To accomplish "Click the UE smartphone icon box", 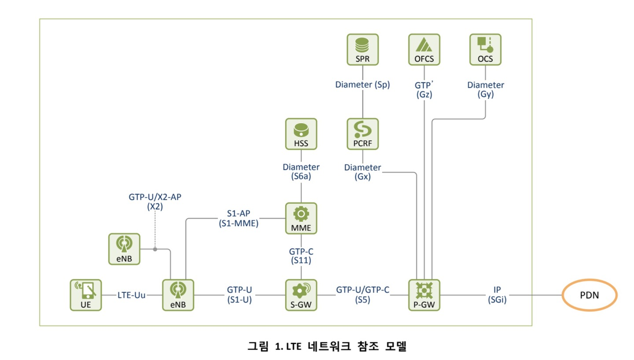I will click(85, 295).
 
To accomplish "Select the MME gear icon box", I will click(301, 218).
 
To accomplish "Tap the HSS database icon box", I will click(301, 134).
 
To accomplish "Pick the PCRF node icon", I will click(362, 134).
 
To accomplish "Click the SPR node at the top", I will click(362, 49).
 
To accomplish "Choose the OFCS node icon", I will click(424, 49).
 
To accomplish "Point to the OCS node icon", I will click(485, 49).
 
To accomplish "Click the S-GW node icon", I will click(301, 295).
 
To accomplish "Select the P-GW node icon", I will click(424, 295).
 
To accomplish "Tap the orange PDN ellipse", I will click(589, 295).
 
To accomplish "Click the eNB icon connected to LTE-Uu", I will click(178, 295).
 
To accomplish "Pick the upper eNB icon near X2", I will click(124, 249).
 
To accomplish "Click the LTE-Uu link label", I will click(131, 295).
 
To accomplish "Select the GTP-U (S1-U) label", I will click(240, 295).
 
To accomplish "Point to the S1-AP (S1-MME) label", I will click(239, 218).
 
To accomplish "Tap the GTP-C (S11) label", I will click(301, 256).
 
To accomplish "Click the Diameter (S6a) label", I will click(301, 172).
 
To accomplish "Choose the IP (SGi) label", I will click(497, 295).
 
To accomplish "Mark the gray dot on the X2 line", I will click(155, 249).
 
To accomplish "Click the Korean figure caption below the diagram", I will click(327, 346).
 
